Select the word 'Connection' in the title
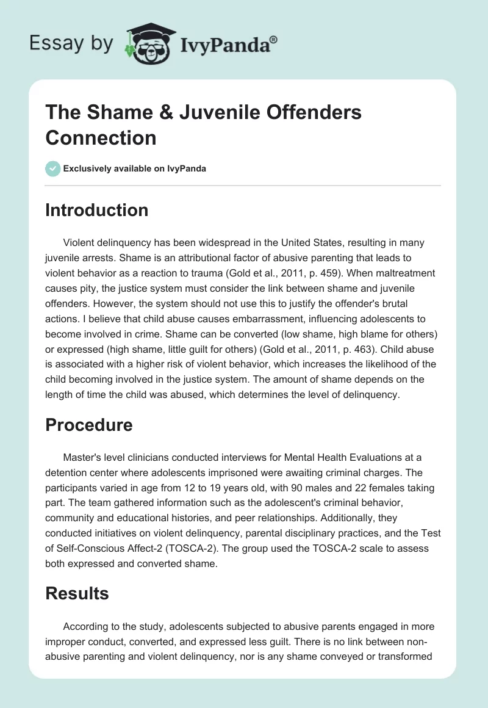[x=101, y=137]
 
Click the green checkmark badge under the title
[x=53, y=168]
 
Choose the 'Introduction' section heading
[x=97, y=210]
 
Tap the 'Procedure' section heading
[x=89, y=425]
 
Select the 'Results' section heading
[x=77, y=593]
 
